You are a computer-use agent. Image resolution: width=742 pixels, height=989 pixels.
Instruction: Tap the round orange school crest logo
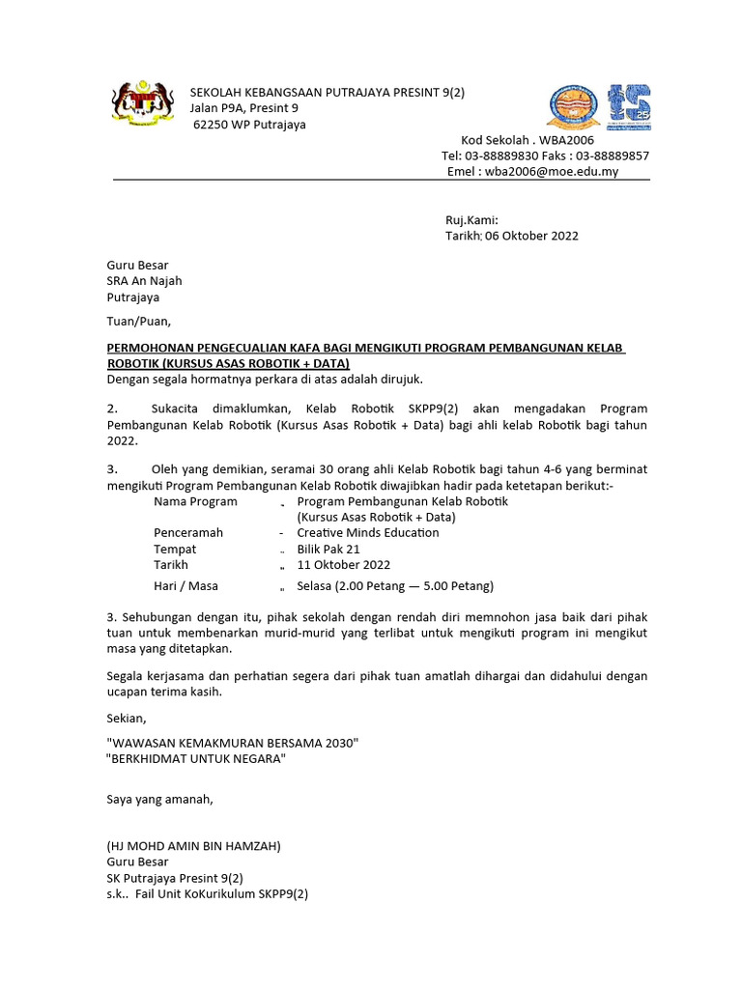coord(574,106)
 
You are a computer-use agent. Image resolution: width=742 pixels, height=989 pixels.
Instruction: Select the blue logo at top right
coord(629,106)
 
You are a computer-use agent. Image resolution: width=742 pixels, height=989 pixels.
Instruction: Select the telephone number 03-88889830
coord(504,155)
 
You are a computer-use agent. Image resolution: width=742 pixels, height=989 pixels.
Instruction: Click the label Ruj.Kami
coord(471,220)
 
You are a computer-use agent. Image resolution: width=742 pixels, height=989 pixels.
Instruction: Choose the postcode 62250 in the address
coord(211,125)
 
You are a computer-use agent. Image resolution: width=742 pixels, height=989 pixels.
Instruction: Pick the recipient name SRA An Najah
coord(144,281)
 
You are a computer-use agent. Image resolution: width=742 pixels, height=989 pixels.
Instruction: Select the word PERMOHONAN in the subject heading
coord(156,348)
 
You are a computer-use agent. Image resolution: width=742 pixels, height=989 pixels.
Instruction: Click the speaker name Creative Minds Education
coord(368,532)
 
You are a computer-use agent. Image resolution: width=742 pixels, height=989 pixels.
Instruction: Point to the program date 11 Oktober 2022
coord(344,565)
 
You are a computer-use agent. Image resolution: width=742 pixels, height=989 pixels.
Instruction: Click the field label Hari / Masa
coord(185,585)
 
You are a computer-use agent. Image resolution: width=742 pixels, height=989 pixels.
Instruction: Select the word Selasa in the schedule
coord(317,585)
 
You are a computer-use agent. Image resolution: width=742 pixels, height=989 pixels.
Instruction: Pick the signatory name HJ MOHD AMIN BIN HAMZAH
coord(193,845)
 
